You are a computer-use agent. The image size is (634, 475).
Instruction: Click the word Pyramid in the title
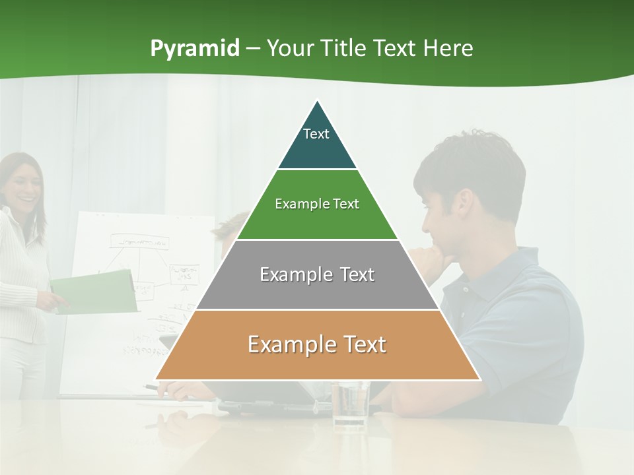tap(194, 49)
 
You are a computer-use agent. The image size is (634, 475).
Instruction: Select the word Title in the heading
tap(344, 48)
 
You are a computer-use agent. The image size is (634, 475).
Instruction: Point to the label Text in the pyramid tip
tap(316, 134)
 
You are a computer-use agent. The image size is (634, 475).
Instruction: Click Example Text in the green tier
tap(317, 204)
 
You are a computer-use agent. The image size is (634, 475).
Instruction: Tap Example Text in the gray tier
tap(317, 274)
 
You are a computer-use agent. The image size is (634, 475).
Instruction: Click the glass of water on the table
tap(350, 404)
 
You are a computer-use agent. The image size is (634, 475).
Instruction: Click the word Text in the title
tap(396, 48)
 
